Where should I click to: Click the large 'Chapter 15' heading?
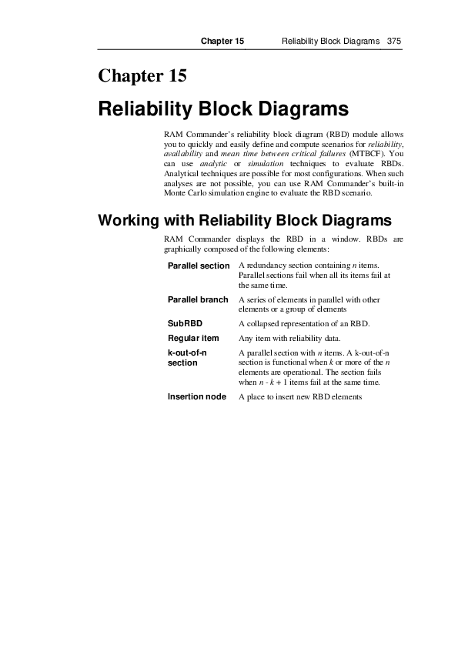tap(142, 76)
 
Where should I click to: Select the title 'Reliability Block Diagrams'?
tap(223, 109)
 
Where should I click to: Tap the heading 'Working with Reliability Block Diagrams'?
tap(245, 219)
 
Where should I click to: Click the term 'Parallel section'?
tap(199, 266)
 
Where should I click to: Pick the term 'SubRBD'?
tap(185, 322)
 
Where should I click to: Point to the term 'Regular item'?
tap(193, 338)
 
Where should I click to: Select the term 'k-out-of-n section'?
tap(188, 357)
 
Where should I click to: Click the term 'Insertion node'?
tap(197, 396)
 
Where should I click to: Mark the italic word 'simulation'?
tap(266, 163)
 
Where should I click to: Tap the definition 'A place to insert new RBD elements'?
tap(299, 396)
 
